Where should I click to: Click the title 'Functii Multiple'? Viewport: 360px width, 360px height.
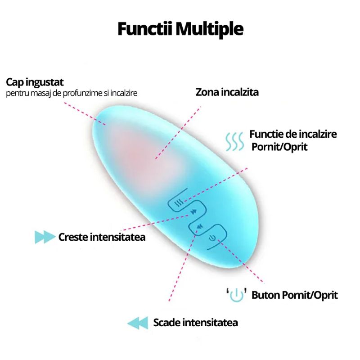coord(180,29)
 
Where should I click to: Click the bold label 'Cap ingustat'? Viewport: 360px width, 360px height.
coord(35,82)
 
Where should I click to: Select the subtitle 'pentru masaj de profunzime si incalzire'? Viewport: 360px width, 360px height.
coord(72,94)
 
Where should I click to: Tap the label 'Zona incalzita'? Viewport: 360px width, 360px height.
coord(227,92)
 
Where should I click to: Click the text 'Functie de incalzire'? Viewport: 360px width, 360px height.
coord(293,134)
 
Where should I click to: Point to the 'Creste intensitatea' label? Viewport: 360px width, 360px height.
coord(102,237)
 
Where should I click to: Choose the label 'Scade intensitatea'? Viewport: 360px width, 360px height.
coord(195,322)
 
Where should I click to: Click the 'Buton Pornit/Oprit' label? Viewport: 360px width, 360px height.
coord(294,295)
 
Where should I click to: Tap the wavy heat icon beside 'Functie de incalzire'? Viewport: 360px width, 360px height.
coord(234,141)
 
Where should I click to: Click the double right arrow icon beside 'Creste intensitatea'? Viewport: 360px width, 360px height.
coord(45,237)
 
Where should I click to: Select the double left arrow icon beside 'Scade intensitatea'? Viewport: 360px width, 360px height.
coord(137,323)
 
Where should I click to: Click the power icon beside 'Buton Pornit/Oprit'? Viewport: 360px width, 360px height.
coord(237,295)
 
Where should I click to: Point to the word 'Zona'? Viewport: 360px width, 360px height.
coord(206,92)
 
